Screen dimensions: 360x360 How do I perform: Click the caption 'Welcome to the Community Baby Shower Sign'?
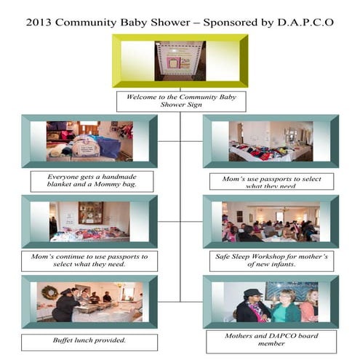tap(180, 101)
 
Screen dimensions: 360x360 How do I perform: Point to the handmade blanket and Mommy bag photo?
tap(89, 140)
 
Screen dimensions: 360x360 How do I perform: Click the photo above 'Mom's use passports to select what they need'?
tap(271, 141)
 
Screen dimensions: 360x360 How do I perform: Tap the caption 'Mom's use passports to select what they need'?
tap(271, 181)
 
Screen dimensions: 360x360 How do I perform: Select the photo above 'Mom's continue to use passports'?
tap(89, 221)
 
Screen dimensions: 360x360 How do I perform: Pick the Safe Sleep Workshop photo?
tap(271, 221)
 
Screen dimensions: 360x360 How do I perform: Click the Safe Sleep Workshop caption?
tap(271, 261)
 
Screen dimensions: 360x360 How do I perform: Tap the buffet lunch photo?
tap(89, 301)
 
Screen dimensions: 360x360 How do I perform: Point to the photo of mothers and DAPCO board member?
tap(271, 301)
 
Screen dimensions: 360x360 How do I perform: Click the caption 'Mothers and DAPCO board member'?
tap(271, 340)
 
